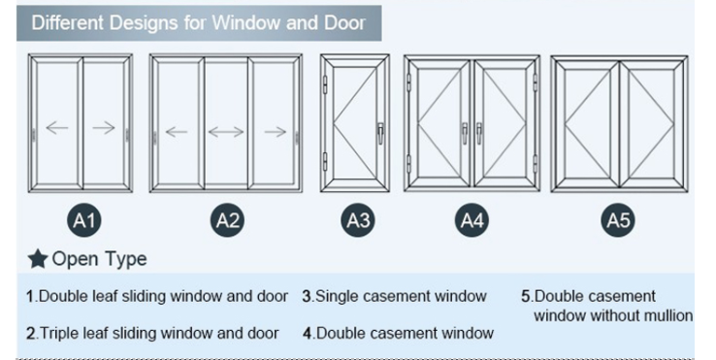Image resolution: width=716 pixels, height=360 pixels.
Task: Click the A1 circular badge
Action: coord(85,221)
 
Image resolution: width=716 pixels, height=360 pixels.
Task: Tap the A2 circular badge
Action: coord(228,221)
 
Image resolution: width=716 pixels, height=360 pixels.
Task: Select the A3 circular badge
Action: coord(359,221)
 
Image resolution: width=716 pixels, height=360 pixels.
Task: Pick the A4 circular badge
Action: coord(472,221)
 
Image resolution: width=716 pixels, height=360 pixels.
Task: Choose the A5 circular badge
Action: coord(618,221)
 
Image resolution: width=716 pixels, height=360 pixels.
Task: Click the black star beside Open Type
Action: coord(38,259)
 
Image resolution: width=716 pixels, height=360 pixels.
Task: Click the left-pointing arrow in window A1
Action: coord(57,128)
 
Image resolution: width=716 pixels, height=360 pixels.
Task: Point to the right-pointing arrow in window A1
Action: coord(104,128)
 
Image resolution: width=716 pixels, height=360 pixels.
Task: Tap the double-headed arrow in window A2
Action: coord(226,131)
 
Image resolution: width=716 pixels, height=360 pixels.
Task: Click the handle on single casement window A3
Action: coord(380,131)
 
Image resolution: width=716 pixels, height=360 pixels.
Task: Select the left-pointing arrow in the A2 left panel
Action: coord(177,131)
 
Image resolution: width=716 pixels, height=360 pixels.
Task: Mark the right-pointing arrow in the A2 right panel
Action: coord(276,131)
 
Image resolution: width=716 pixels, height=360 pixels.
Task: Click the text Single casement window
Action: coord(400,296)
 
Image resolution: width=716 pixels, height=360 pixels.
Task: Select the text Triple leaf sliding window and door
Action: coord(158,333)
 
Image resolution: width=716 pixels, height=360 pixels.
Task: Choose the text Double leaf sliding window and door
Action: coord(162,296)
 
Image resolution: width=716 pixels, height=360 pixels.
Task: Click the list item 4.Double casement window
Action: coord(398,333)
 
